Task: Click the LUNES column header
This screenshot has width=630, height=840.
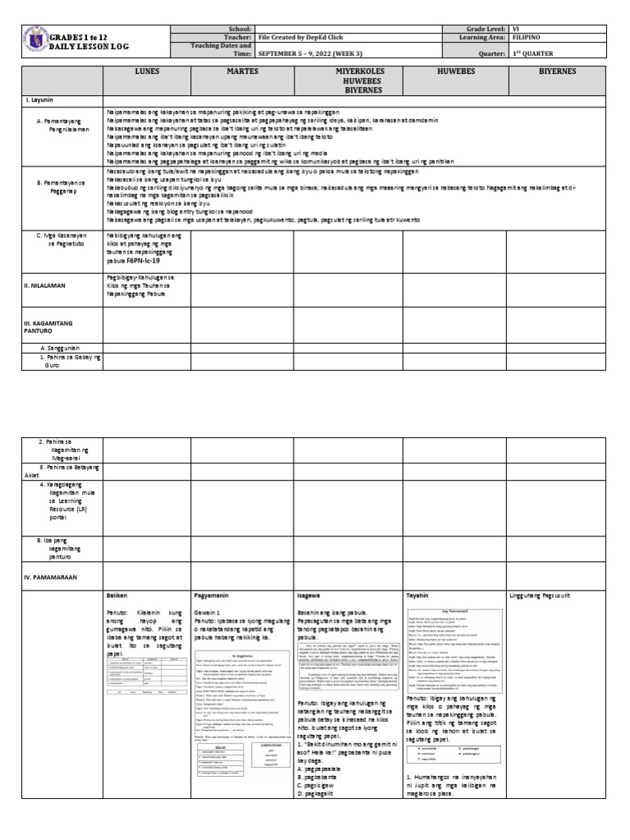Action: tap(146, 72)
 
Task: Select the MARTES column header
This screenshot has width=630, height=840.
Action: tap(242, 72)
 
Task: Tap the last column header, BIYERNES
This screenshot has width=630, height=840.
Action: tap(557, 72)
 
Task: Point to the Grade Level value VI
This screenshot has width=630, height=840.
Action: tap(515, 28)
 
